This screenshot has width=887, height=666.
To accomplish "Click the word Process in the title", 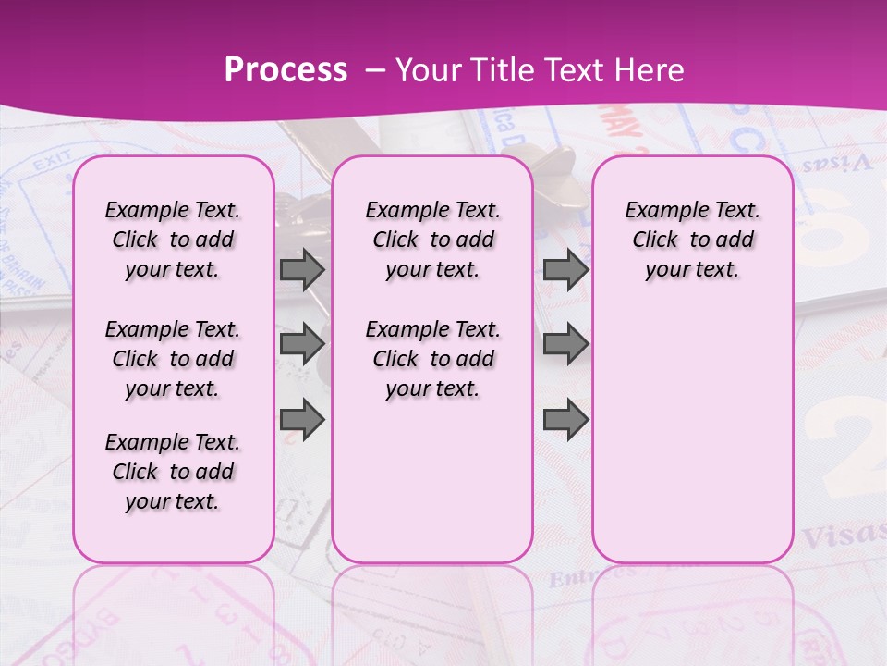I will [286, 70].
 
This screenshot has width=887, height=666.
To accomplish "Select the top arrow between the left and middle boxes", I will [301, 270].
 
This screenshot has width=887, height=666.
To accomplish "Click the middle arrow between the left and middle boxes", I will [301, 345].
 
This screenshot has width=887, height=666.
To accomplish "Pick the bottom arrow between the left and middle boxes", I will [301, 419].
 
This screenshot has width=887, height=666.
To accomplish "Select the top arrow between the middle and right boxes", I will [565, 270].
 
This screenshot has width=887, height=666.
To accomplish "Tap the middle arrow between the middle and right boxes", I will [565, 345].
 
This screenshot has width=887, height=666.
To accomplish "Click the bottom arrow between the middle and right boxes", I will [565, 419].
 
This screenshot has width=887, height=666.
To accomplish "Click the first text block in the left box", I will [173, 240].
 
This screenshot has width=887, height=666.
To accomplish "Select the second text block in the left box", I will [173, 359].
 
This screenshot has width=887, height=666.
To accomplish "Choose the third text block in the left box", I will [173, 472].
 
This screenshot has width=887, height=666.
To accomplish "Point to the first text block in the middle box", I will [432, 240].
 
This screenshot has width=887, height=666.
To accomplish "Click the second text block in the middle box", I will [432, 359].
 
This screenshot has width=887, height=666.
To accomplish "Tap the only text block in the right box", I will [692, 240].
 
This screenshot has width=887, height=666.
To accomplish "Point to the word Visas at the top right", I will [836, 164].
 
